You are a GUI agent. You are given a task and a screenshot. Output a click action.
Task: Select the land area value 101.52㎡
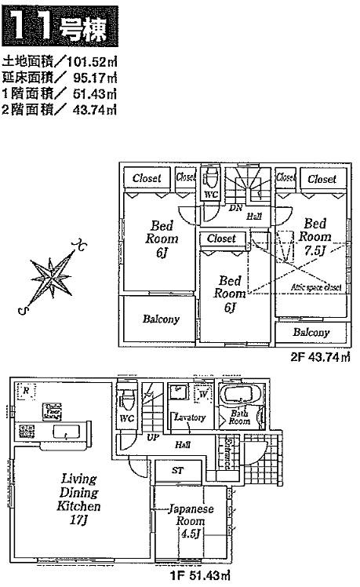[x=93, y=64]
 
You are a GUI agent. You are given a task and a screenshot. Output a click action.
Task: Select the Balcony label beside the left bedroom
[x=161, y=319]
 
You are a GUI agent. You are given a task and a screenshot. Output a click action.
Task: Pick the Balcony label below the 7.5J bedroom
[x=311, y=333]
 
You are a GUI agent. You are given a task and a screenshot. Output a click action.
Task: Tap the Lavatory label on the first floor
[x=190, y=417]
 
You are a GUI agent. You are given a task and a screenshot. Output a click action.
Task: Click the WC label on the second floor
[x=210, y=194]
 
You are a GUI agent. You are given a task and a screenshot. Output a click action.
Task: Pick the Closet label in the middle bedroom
[x=221, y=238]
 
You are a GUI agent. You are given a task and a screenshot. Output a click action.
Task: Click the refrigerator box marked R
[x=26, y=390]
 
